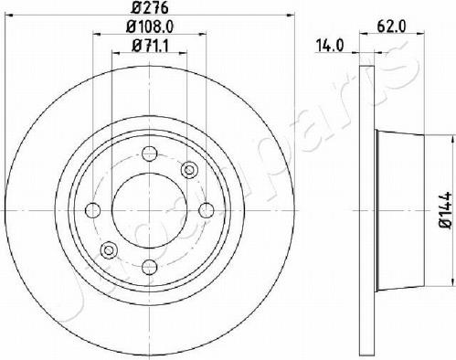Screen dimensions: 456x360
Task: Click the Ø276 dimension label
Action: coord(150,8)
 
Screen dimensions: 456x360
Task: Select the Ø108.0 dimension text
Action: coord(150,27)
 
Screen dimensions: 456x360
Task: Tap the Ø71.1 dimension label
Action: coord(150,46)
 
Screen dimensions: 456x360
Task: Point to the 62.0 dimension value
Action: coord(391,26)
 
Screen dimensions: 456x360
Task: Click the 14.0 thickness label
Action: coord(330,46)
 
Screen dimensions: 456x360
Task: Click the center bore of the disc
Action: coord(150,210)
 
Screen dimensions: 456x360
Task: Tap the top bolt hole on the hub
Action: coord(150,154)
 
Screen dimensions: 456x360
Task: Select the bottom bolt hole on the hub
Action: coord(150,267)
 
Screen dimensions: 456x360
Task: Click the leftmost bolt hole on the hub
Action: coord(92,210)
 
